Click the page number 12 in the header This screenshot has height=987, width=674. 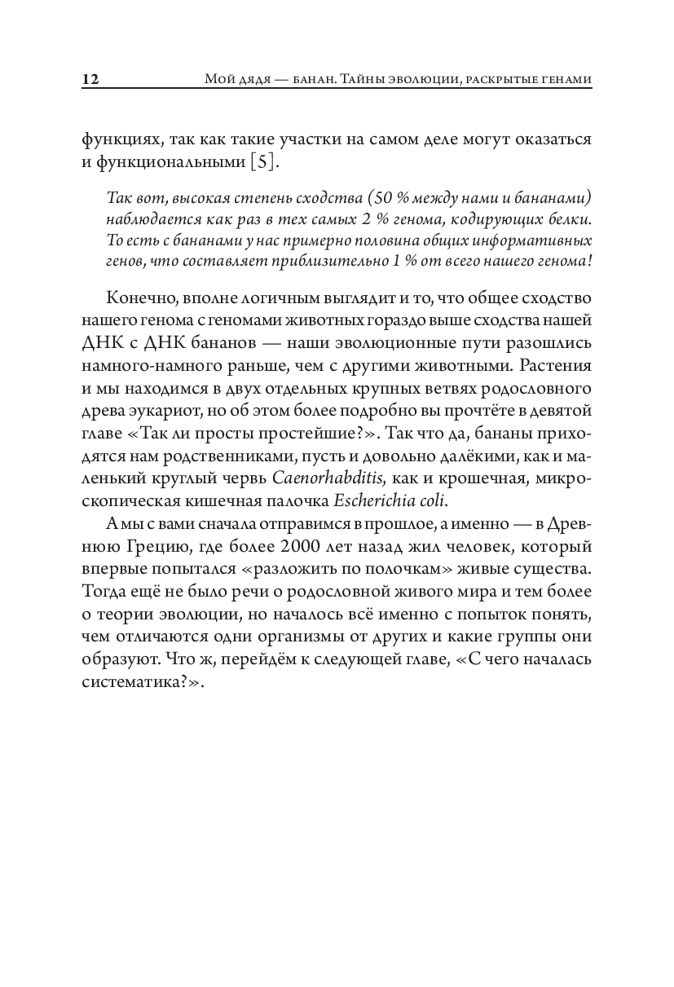click(90, 80)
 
